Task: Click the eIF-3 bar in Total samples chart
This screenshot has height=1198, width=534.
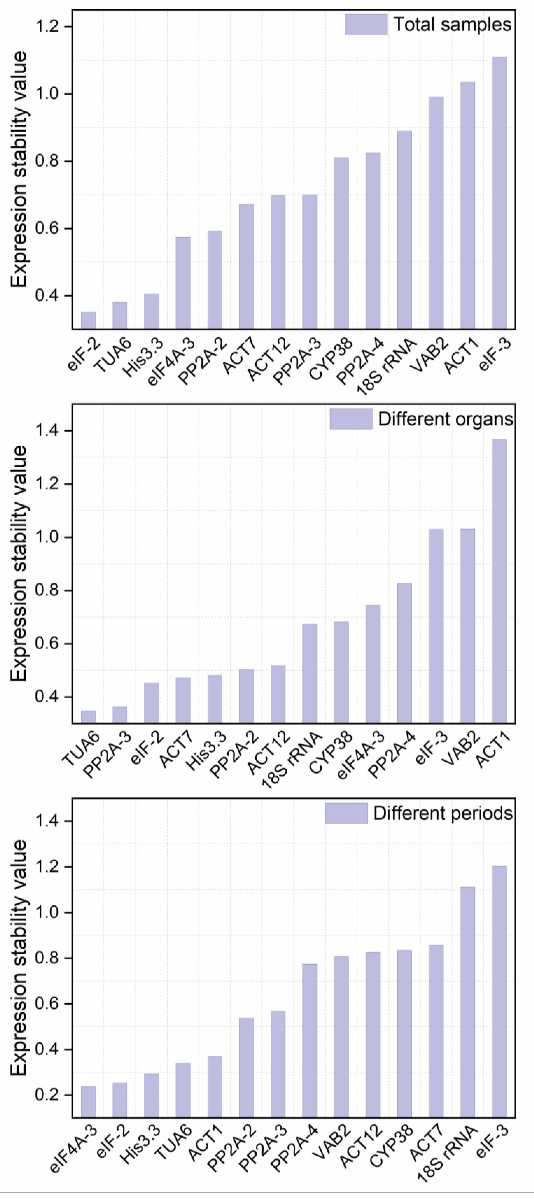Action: coord(499,193)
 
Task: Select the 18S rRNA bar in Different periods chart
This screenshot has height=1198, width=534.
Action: coord(468,1002)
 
